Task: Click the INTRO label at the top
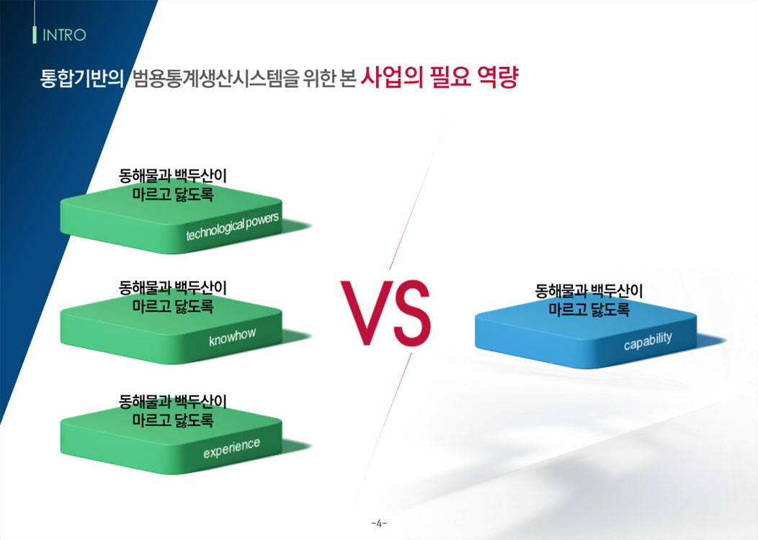pyautogui.click(x=64, y=35)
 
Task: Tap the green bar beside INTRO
pyautogui.click(x=35, y=35)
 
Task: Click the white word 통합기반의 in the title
pyautogui.click(x=81, y=78)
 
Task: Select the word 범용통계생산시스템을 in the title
pyautogui.click(x=215, y=78)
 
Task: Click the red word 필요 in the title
pyautogui.click(x=450, y=77)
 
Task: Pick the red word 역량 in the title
pyautogui.click(x=498, y=77)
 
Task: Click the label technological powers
pyautogui.click(x=233, y=226)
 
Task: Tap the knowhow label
pyautogui.click(x=233, y=337)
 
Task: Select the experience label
pyautogui.click(x=231, y=448)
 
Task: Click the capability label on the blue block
pyautogui.click(x=648, y=341)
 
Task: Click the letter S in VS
pyautogui.click(x=411, y=312)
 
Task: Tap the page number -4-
pyautogui.click(x=380, y=523)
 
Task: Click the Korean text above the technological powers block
pyautogui.click(x=173, y=185)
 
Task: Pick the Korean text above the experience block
pyautogui.click(x=173, y=410)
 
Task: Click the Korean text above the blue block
pyautogui.click(x=589, y=300)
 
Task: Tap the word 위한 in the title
pyautogui.click(x=319, y=78)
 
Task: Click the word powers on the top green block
pyautogui.click(x=262, y=221)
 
